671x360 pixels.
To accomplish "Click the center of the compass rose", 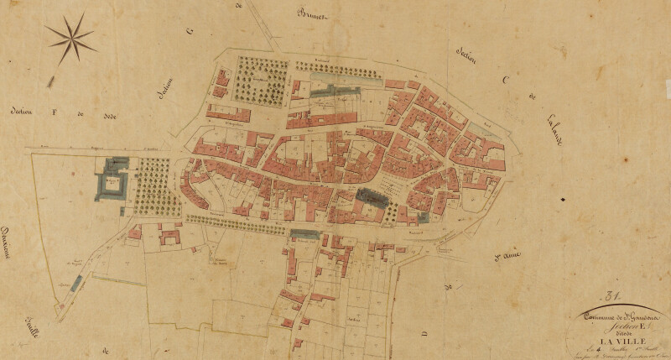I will point(71,39).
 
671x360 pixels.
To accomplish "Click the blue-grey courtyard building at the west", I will point(112,179).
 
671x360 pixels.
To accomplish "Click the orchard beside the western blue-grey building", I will point(153,185).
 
